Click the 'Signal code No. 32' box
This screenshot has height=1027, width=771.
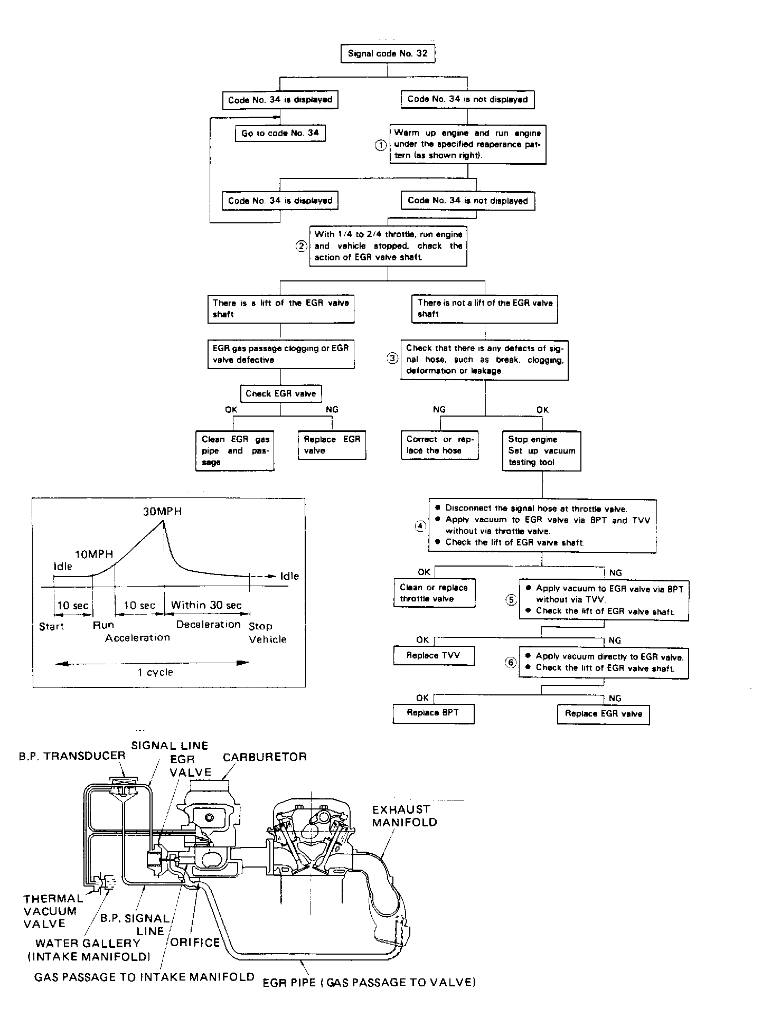coord(388,53)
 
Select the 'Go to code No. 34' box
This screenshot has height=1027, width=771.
coord(280,133)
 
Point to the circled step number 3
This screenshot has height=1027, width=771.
coord(392,359)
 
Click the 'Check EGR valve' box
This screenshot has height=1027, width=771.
coord(280,393)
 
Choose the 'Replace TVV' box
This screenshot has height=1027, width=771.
coord(433,655)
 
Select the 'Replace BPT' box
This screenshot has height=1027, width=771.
coord(433,713)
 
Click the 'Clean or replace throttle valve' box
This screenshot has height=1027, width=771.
coord(434,593)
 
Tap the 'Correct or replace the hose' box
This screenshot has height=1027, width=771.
coord(439,445)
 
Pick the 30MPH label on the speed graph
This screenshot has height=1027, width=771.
coord(162,511)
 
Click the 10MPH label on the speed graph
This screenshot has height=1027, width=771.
coord(94,554)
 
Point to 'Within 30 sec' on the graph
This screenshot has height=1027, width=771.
coord(206,605)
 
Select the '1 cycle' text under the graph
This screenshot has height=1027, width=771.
coord(155,672)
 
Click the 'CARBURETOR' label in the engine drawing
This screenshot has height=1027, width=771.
coord(265,757)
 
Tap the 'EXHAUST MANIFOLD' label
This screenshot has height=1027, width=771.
coord(405,816)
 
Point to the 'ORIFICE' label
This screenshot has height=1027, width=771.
coord(195,943)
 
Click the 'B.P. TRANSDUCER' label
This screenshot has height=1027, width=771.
coord(72,756)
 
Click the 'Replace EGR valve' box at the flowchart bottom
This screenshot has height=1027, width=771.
coord(604,714)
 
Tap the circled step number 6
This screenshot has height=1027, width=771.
coord(511,663)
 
